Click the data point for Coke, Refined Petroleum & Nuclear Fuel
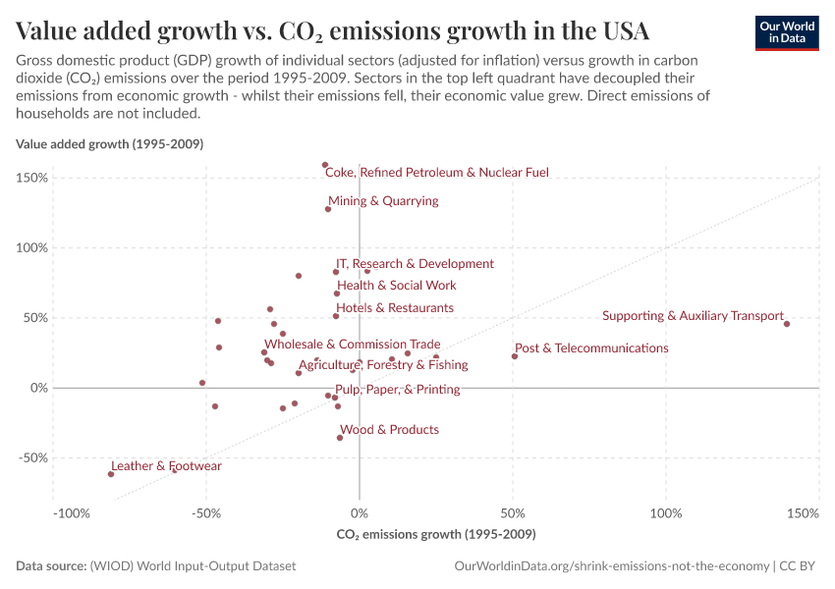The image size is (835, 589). (x=325, y=165)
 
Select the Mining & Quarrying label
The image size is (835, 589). (x=383, y=201)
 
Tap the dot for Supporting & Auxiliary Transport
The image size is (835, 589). (x=787, y=323)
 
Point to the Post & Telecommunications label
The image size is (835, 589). (x=591, y=348)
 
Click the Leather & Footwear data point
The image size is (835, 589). (x=111, y=474)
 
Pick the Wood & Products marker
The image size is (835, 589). (x=340, y=438)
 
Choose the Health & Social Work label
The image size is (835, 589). (x=397, y=286)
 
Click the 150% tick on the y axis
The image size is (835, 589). (x=33, y=179)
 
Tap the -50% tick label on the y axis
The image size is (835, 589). (x=33, y=458)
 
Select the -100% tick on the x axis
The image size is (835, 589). (x=72, y=514)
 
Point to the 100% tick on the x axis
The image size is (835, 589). (x=666, y=514)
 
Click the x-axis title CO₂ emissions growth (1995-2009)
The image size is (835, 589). (x=436, y=535)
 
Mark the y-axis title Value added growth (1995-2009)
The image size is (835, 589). (x=109, y=144)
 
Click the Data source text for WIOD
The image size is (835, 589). (x=155, y=566)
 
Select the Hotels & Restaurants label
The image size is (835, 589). (x=395, y=308)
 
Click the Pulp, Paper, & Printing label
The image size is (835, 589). (x=398, y=390)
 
